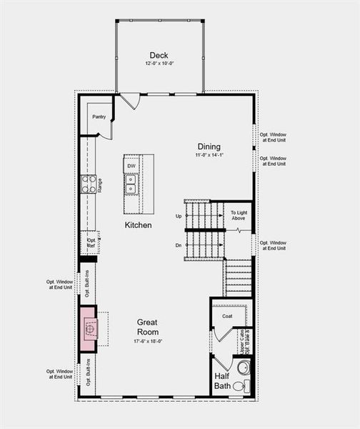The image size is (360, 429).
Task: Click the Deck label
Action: pyautogui.click(x=159, y=55)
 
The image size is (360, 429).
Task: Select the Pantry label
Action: pyautogui.click(x=99, y=116)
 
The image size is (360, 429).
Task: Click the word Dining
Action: pyautogui.click(x=209, y=147)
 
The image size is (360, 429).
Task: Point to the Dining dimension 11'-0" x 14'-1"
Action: pyautogui.click(x=209, y=155)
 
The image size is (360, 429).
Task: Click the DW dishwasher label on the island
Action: pyautogui.click(x=131, y=166)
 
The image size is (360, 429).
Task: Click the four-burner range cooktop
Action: pyautogui.click(x=89, y=184)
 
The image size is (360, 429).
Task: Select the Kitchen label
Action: pyautogui.click(x=139, y=225)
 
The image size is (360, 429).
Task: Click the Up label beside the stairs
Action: pyautogui.click(x=179, y=215)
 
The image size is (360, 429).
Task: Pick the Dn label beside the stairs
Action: pyautogui.click(x=179, y=245)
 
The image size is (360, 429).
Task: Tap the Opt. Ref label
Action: pyautogui.click(x=91, y=243)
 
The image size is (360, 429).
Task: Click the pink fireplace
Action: pyautogui.click(x=89, y=328)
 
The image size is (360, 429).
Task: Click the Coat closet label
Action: pyautogui.click(x=228, y=315)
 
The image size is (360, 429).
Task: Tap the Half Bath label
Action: pyautogui.click(x=223, y=381)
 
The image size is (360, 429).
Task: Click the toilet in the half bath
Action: pyautogui.click(x=240, y=386)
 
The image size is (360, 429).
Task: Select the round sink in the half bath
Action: pyautogui.click(x=242, y=368)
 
